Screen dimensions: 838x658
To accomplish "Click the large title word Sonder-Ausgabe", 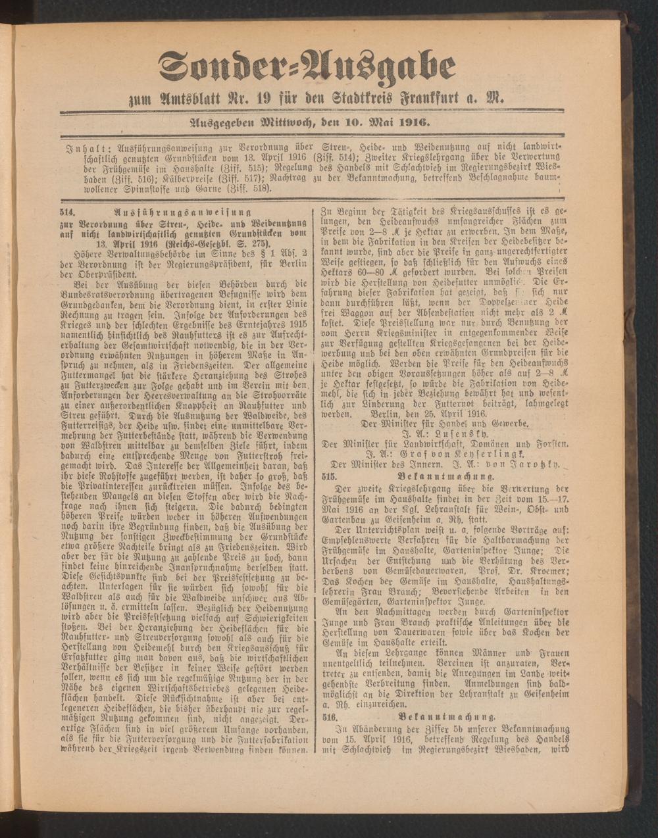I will coord(307,68).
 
